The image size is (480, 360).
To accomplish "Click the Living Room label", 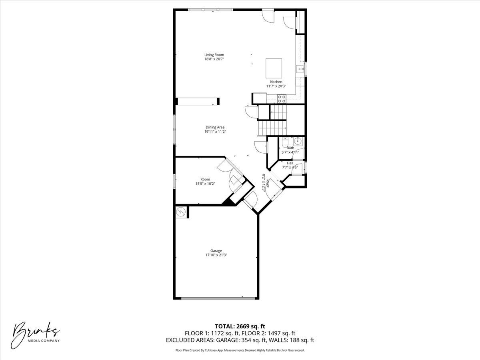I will tap(214, 55).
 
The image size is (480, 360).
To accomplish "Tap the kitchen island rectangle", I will tap(274, 68).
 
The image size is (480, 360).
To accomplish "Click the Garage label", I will tap(216, 251).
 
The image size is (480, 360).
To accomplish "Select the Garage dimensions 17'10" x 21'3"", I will tap(216, 255).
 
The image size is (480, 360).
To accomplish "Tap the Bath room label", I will tap(290, 148).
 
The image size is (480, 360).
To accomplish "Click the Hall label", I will tap(290, 163).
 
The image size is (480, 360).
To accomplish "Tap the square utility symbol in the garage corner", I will tap(181, 212).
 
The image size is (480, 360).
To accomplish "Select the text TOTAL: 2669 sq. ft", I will tap(240, 326).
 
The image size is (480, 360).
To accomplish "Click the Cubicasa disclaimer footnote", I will tap(240, 350).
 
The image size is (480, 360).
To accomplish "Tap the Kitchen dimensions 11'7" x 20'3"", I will tap(276, 86).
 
